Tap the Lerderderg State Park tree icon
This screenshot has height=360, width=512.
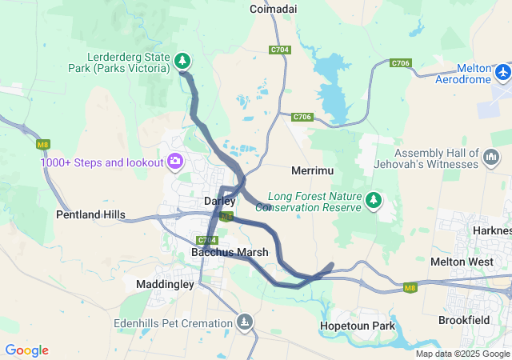click(183, 60)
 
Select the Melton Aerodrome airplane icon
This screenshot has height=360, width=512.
click(503, 73)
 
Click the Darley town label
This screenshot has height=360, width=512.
click(220, 201)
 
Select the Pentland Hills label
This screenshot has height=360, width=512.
click(90, 214)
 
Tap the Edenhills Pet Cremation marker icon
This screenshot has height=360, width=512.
click(244, 322)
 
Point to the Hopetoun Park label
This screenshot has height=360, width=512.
click(357, 326)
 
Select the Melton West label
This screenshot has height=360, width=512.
click(462, 262)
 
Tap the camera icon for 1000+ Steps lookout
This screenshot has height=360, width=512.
click(174, 162)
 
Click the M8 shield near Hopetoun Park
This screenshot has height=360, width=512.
click(410, 288)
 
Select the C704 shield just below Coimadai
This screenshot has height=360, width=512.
click(279, 50)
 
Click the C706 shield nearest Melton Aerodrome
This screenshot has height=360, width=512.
click(400, 63)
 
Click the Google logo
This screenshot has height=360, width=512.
click(26, 350)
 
